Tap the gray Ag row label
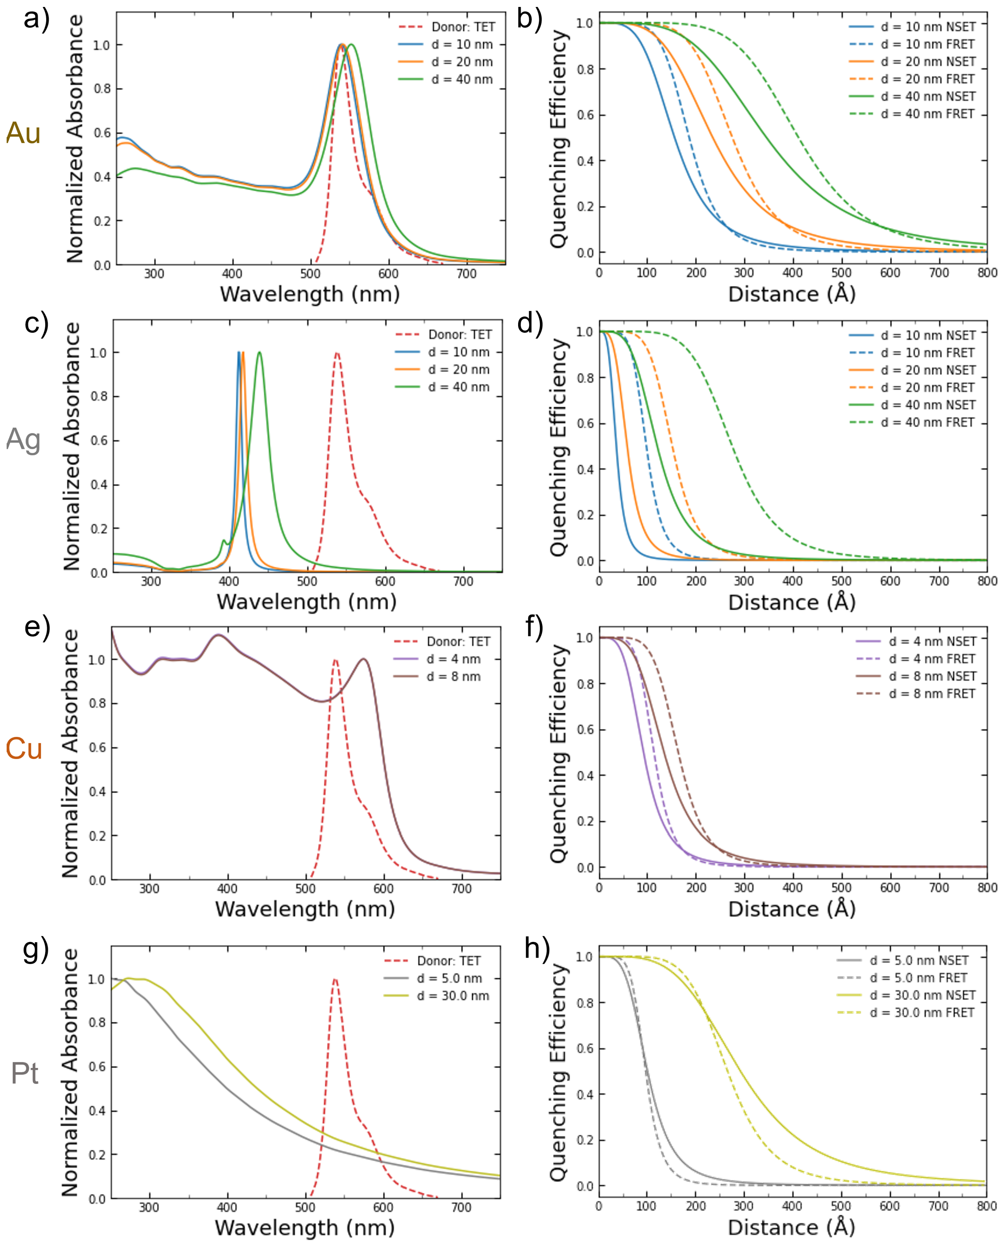23,440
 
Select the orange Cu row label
24,749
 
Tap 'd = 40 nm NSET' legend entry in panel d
928,405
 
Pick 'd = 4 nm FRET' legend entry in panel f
932,659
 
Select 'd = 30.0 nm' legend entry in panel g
453,996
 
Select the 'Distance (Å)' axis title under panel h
791,1228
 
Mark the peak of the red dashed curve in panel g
335,979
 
